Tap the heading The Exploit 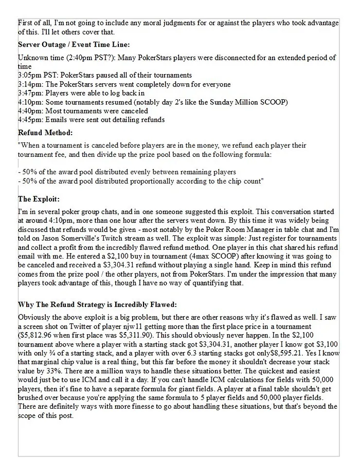39,199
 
